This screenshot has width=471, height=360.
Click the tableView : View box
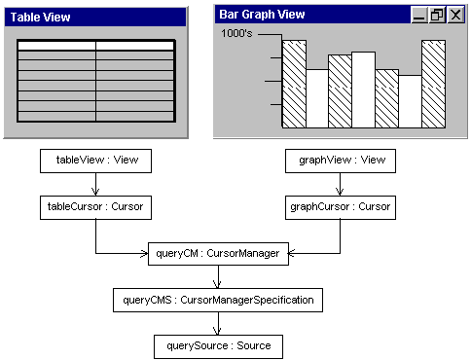[96, 161]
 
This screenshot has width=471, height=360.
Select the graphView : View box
[340, 161]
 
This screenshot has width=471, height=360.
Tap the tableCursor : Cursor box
[95, 206]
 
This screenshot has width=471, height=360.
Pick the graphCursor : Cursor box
[340, 206]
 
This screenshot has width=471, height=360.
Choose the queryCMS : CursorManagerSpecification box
[217, 300]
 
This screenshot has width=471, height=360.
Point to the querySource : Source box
[218, 345]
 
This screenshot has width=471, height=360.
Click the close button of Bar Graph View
[454, 15]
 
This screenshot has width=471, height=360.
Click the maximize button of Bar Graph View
[437, 15]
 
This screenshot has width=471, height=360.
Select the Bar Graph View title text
[262, 15]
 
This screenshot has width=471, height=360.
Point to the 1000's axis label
[238, 33]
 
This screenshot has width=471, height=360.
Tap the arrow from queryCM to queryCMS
[218, 276]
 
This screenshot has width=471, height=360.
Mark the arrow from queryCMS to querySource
[218, 323]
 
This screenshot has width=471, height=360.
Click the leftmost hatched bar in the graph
[294, 85]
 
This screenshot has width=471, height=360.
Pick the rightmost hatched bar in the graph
[433, 85]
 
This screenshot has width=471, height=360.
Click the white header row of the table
[95, 45]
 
